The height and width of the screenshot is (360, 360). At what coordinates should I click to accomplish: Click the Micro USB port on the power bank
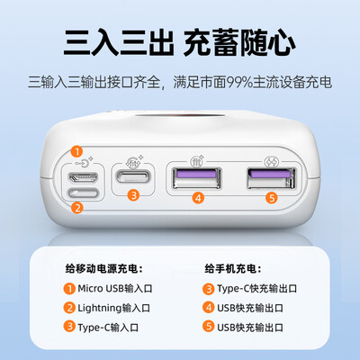(83, 177)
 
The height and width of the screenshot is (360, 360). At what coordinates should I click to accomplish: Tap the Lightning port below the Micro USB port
(84, 193)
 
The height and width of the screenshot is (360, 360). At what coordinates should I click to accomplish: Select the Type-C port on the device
(133, 176)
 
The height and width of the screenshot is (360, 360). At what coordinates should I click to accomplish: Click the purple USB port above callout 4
(196, 178)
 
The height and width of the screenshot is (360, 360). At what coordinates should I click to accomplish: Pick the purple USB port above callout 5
(271, 178)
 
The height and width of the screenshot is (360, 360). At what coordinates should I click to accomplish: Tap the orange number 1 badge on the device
(76, 152)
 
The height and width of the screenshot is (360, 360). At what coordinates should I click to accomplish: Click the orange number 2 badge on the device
(77, 208)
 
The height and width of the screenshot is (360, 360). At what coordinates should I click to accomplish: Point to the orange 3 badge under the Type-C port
(133, 195)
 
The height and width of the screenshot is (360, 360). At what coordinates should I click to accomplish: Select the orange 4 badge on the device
(198, 198)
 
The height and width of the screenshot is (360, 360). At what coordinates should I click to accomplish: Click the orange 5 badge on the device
(272, 198)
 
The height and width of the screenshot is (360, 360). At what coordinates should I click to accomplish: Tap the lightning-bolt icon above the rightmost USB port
(271, 163)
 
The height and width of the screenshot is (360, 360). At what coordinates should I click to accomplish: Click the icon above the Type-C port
(134, 163)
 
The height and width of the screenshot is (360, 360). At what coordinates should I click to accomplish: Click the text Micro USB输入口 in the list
(115, 289)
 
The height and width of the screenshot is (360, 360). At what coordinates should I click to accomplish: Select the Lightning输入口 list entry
(113, 308)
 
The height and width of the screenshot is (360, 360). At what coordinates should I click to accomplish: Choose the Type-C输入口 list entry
(108, 328)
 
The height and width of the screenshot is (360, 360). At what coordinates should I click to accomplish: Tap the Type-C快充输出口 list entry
(257, 289)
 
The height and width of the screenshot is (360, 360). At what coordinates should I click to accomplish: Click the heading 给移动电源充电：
(103, 269)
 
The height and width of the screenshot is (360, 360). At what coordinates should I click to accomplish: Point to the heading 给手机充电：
(233, 269)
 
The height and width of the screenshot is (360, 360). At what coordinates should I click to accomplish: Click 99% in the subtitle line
(239, 82)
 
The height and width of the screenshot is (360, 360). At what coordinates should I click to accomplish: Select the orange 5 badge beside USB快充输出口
(208, 327)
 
